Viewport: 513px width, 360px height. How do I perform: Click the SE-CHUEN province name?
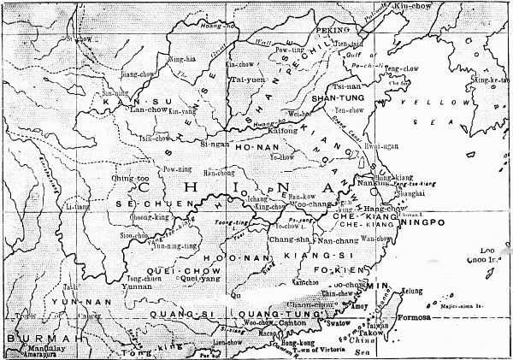pyautogui.click(x=127, y=206)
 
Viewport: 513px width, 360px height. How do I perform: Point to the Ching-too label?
pyautogui.click(x=126, y=178)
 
